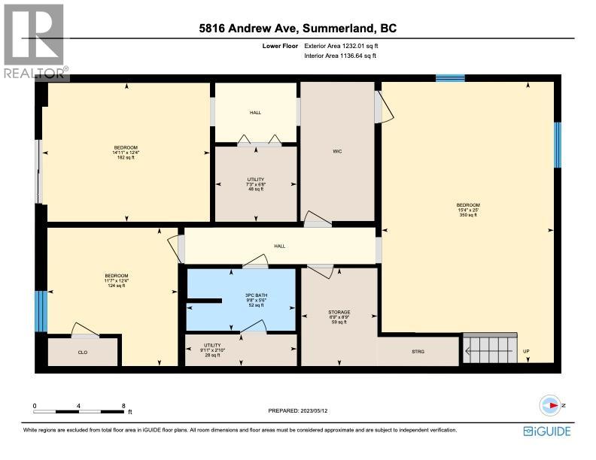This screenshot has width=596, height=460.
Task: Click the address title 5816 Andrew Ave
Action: pos(298,29)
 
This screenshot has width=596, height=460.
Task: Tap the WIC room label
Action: pos(338,152)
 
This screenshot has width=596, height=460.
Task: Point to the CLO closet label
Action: pos(83,351)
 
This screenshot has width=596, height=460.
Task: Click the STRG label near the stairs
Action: pos(418,351)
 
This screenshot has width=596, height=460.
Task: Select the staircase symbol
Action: pos(489,350)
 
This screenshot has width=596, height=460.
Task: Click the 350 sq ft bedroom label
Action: pos(467,210)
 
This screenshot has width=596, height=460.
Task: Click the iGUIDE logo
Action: pos(546,431)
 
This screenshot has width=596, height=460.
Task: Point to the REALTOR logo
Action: pos(33,41)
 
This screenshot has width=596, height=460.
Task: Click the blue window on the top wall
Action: pos(450,77)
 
